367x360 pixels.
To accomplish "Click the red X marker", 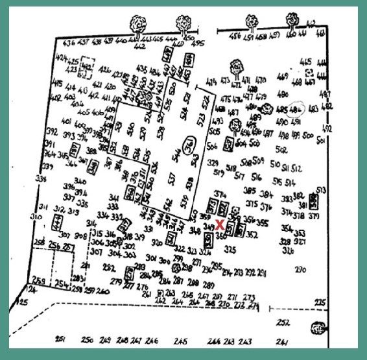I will click(x=220, y=225).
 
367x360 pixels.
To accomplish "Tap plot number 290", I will click(x=300, y=270).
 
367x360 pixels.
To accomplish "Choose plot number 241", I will click(x=281, y=342).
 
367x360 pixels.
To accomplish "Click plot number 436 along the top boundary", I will click(x=70, y=43).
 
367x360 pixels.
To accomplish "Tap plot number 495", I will click(x=198, y=44).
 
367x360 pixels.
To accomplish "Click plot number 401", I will click(x=65, y=121).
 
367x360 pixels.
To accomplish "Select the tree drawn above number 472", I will click(x=235, y=67).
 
